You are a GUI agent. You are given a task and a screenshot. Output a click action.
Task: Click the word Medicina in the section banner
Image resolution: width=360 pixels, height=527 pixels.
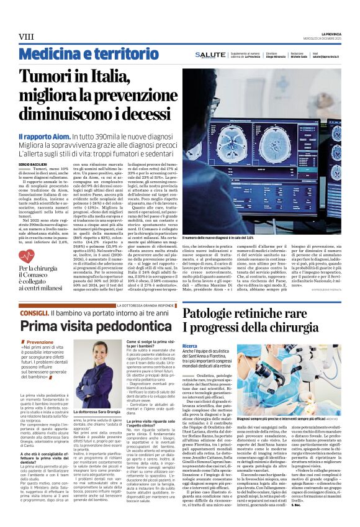[40, 55]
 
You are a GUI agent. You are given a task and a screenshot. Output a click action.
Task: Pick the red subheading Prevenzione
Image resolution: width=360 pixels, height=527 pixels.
[38, 342]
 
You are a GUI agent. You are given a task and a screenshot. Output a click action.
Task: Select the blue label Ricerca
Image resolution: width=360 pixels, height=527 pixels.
[190, 345]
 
